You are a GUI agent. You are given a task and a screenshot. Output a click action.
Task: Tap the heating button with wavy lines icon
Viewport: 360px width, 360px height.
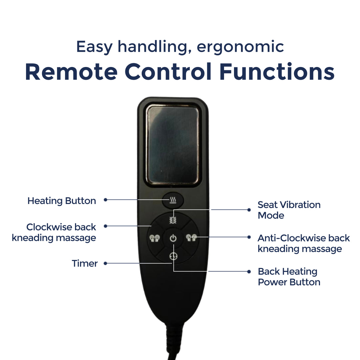[x=173, y=200]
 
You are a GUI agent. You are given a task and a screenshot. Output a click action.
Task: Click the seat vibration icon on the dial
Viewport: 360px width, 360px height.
[x=173, y=220]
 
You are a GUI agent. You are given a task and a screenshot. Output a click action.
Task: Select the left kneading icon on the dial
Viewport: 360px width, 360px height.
[x=155, y=238]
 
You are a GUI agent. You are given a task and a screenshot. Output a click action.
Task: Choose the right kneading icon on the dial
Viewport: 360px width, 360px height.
[x=191, y=238]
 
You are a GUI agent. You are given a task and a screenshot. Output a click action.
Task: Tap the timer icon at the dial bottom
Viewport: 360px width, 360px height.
[x=173, y=256]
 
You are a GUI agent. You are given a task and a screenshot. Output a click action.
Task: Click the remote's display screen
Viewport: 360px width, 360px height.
[x=173, y=145]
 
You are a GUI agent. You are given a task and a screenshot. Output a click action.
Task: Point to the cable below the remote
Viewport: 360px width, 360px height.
[x=174, y=342]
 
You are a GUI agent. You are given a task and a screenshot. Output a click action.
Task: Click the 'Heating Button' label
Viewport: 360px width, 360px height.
[x=62, y=201]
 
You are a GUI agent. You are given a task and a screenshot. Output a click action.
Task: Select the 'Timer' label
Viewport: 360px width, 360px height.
[x=85, y=263]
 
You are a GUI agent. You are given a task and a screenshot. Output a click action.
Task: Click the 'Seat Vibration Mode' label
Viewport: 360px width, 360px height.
[x=289, y=210]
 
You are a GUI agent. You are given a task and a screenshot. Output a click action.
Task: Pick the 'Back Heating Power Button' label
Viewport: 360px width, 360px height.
[x=289, y=277]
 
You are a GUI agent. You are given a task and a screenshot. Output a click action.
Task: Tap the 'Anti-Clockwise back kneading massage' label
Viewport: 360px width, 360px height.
[x=304, y=243]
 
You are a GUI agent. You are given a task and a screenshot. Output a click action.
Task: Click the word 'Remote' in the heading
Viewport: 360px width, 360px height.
[x=71, y=72]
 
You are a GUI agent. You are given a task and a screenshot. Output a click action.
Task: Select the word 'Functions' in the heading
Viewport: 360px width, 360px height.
[x=277, y=72]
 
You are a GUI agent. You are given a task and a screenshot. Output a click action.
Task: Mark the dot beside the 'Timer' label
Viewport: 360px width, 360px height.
[x=105, y=263]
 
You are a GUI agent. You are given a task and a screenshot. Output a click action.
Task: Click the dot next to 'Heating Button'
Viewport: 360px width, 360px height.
[x=105, y=200]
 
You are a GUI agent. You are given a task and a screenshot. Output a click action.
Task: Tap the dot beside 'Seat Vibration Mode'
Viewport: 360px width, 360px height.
[x=249, y=210]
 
